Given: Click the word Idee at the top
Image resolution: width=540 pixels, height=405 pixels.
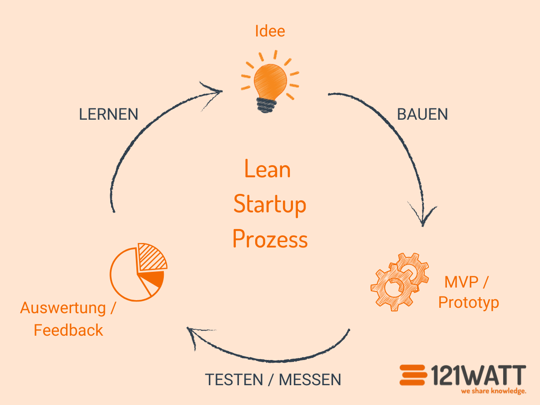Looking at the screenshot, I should click(270, 31).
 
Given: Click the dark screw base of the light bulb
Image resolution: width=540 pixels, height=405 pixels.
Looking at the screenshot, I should click(268, 104).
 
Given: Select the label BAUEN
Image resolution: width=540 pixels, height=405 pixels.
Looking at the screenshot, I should click(422, 114).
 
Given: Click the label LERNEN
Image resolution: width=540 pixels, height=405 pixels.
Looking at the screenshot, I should click(108, 114).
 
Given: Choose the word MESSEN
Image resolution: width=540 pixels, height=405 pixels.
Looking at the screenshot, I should click(310, 380).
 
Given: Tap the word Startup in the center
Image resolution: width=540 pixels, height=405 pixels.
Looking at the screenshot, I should click(270, 204).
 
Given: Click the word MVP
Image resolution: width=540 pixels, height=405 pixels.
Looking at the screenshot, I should click(460, 283).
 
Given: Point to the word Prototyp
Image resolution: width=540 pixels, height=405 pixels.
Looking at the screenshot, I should click(468, 302).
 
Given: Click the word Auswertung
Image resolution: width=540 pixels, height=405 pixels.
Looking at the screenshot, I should click(63, 309).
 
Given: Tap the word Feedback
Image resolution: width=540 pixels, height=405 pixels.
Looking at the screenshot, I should click(68, 330).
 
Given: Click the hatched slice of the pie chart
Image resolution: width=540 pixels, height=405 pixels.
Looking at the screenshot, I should click(151, 257).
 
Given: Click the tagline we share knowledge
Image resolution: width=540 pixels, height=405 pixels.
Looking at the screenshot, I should click(493, 391).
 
